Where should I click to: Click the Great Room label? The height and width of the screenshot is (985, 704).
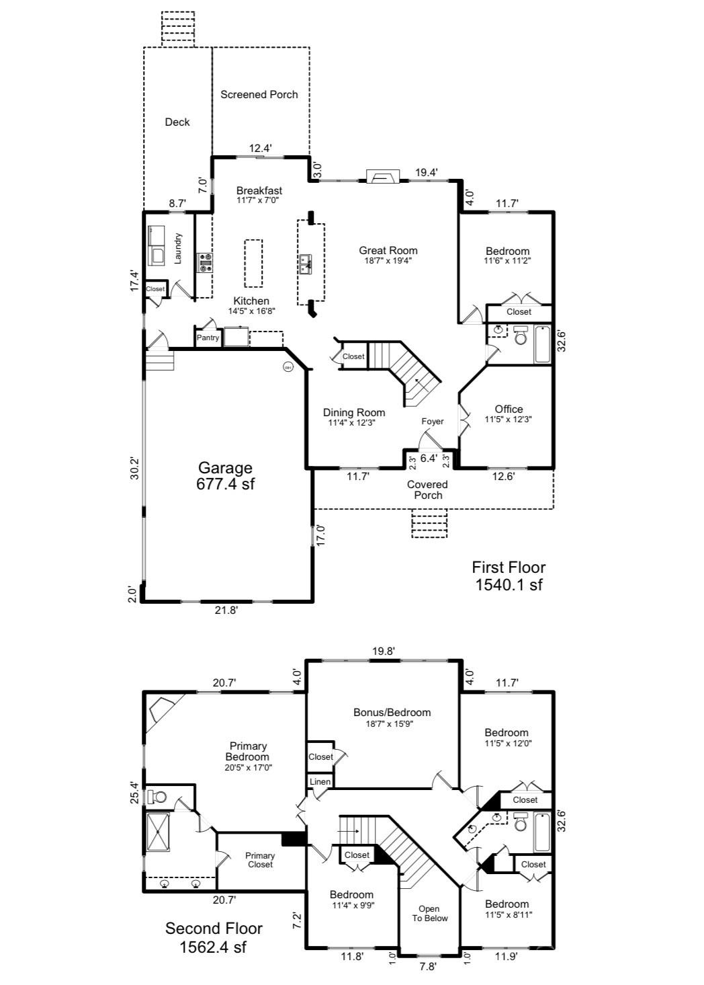click(x=388, y=251)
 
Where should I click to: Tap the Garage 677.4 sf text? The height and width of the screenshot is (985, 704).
click(x=225, y=475)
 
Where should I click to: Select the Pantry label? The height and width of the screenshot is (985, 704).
click(x=208, y=338)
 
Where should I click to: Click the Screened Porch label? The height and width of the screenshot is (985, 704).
click(x=259, y=95)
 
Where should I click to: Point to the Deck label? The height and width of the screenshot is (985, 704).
click(x=177, y=122)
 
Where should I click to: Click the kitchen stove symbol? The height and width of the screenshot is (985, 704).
click(x=205, y=262)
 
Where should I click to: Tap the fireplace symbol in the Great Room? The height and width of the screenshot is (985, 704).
click(x=382, y=176)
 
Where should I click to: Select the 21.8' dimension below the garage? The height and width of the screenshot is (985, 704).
click(x=226, y=610)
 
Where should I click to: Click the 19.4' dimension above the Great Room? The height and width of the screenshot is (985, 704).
click(x=427, y=173)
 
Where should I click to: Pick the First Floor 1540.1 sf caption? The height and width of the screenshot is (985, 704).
click(x=509, y=576)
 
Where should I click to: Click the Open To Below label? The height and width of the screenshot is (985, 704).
click(x=429, y=913)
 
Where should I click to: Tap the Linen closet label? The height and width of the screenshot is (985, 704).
click(x=320, y=782)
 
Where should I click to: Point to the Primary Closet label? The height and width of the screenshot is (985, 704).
click(x=260, y=860)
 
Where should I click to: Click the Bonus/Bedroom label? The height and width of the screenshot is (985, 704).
click(x=392, y=713)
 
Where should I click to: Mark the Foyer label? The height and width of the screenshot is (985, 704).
click(x=433, y=422)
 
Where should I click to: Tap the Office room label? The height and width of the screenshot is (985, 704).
click(x=509, y=409)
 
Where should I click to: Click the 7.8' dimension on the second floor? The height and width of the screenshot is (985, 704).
click(x=428, y=967)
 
